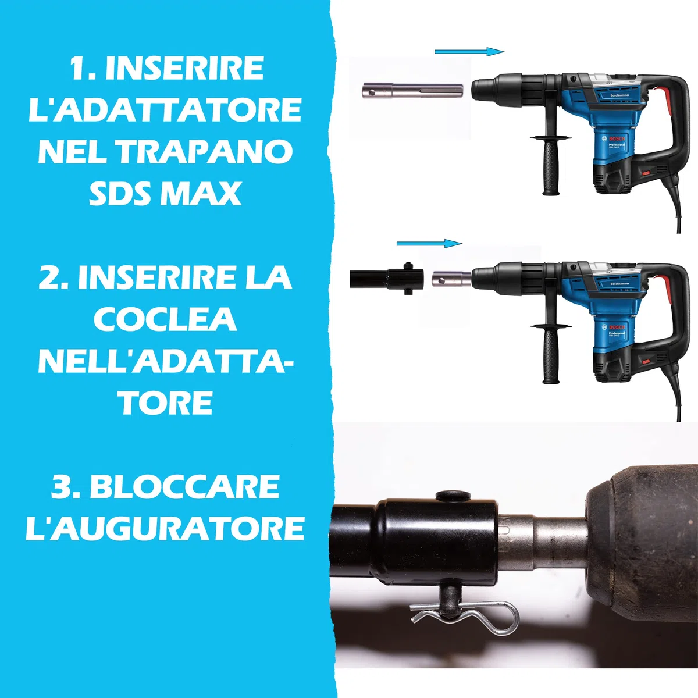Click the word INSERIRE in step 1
coord(184,68)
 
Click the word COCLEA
coord(165,319)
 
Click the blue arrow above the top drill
coord(469,52)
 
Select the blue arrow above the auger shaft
coord(429,243)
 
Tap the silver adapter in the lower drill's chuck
coord(451,279)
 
